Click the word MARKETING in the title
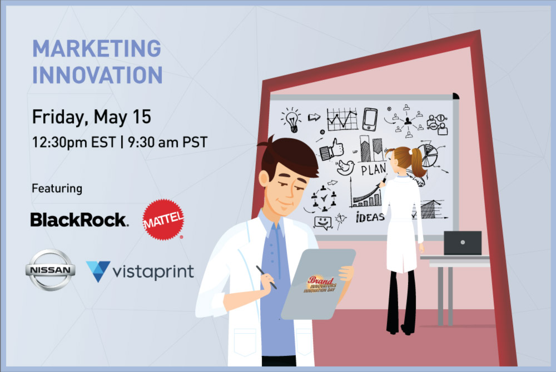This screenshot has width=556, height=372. pyautogui.click(x=97, y=48)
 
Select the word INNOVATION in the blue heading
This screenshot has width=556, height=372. pyautogui.click(x=97, y=75)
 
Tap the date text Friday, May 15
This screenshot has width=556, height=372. pyautogui.click(x=92, y=117)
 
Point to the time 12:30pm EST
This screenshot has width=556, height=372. pyautogui.click(x=74, y=142)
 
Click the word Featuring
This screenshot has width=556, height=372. pyautogui.click(x=57, y=188)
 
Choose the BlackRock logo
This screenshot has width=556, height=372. pyautogui.click(x=80, y=220)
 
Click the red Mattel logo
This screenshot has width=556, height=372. pyautogui.click(x=163, y=219)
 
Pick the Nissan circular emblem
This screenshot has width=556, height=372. pyautogui.click(x=51, y=270)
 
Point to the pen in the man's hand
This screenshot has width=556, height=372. pyautogui.click(x=266, y=277)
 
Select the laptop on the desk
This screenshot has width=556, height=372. pyautogui.click(x=463, y=243)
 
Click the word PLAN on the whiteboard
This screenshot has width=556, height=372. pyautogui.click(x=374, y=169)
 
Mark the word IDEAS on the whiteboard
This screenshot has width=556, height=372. pyautogui.click(x=370, y=217)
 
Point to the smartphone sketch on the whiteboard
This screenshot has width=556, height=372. pyautogui.click(x=370, y=119)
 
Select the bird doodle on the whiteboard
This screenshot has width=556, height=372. pyautogui.click(x=346, y=168)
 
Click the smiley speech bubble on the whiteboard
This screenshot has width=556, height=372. pyautogui.click(x=322, y=223)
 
